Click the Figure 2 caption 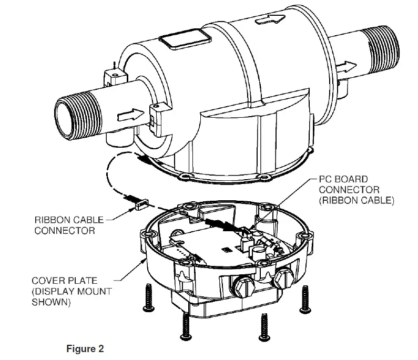85,348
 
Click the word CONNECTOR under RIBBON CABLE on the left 65,231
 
